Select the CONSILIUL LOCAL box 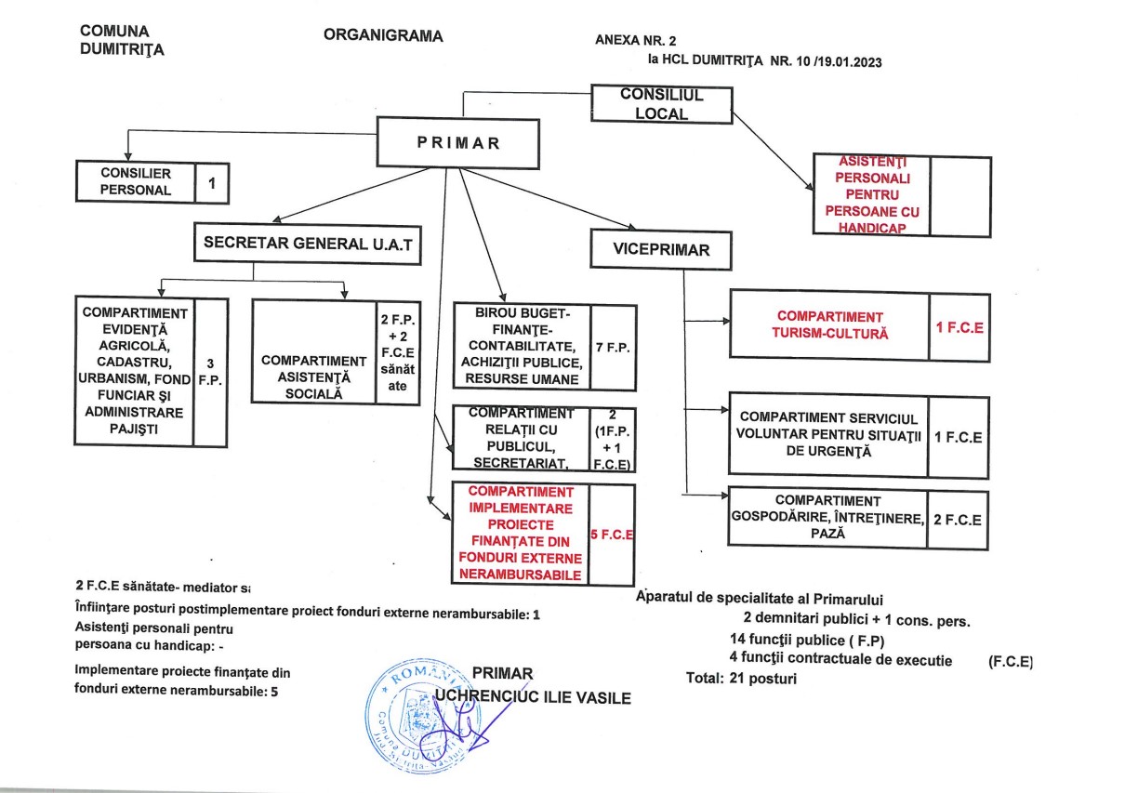point(662,104)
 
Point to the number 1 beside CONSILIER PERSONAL point(212,183)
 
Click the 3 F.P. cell point(211,372)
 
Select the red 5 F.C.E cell point(612,535)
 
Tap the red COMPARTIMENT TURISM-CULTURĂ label point(830,324)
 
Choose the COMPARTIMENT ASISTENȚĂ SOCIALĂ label point(314,377)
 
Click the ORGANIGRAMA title point(383,36)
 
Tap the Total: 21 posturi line point(740,679)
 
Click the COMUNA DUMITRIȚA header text point(122,41)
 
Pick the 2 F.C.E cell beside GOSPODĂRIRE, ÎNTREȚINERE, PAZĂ point(957,520)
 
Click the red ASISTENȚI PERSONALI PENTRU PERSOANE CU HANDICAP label point(870,194)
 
